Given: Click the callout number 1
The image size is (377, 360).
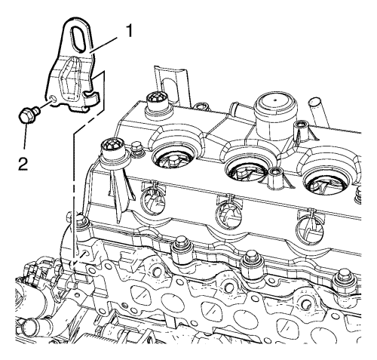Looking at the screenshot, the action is pyautogui.click(x=129, y=31).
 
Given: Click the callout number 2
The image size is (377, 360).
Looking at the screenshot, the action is pyautogui.click(x=23, y=163).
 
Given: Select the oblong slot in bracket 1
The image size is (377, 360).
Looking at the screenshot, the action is pyautogui.click(x=78, y=38).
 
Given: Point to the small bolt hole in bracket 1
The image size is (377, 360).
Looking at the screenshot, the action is pyautogui.click(x=52, y=98).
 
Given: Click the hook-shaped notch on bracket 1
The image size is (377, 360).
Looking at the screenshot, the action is pyautogui.click(x=90, y=97).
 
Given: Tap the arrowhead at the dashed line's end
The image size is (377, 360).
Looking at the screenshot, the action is pyautogui.click(x=72, y=263).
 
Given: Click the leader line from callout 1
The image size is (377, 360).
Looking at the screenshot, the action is pyautogui.click(x=104, y=45).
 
